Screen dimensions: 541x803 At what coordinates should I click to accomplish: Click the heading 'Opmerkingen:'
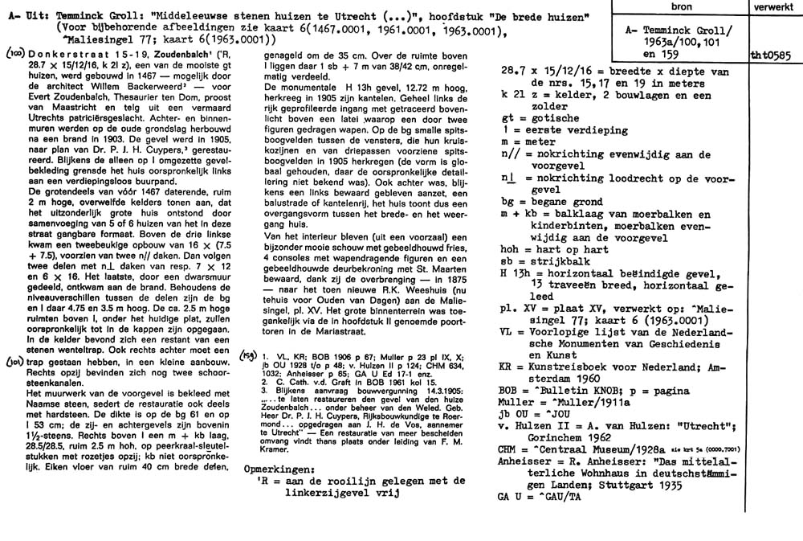(275, 469)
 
